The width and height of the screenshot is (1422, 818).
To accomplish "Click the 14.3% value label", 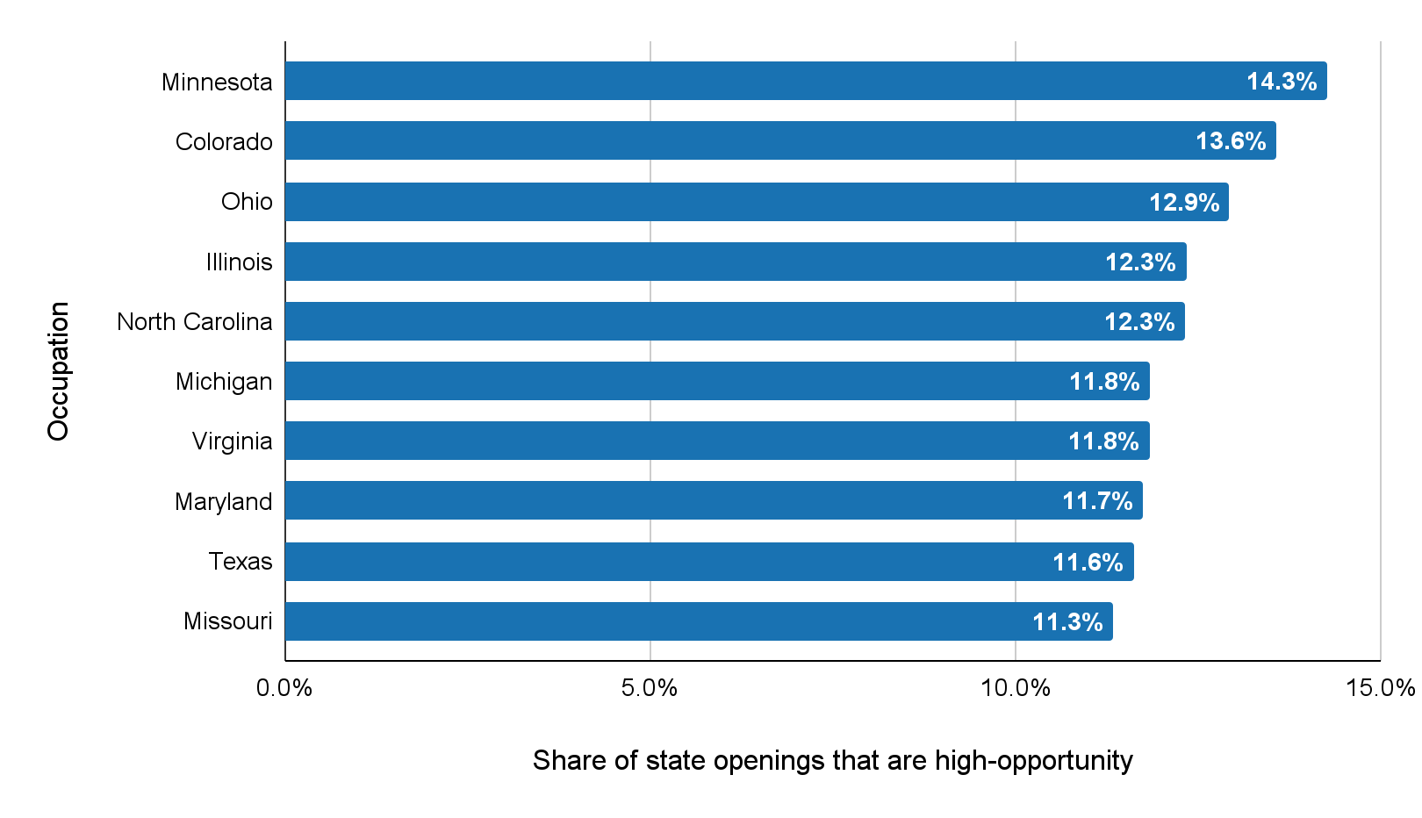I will click(x=1282, y=82).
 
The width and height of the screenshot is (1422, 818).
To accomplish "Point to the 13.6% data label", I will click(x=1231, y=141).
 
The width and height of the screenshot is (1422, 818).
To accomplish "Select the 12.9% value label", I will click(x=1184, y=203).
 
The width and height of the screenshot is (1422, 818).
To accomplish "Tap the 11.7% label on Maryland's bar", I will click(x=1097, y=501).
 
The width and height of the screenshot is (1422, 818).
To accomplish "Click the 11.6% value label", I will click(x=1088, y=563).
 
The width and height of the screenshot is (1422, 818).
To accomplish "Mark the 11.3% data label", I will click(x=1067, y=622).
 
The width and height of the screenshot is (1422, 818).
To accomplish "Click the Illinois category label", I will click(x=239, y=262).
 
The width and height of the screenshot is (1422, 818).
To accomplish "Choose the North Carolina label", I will click(x=195, y=322).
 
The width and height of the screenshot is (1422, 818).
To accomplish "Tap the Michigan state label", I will click(x=224, y=382).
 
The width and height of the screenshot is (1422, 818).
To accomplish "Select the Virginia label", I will click(x=232, y=441).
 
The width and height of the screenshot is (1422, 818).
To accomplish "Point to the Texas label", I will click(x=241, y=562).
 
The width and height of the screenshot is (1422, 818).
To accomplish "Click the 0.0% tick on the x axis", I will click(x=284, y=688).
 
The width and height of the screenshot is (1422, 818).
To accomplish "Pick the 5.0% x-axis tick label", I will click(x=650, y=688).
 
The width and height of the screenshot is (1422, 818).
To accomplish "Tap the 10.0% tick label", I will click(x=1016, y=688).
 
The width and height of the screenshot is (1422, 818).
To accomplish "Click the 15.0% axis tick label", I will click(x=1380, y=688).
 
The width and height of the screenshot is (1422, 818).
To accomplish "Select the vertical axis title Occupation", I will click(x=58, y=371).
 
